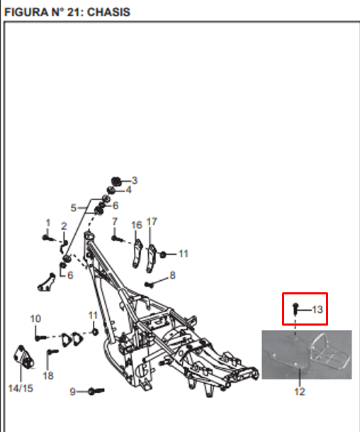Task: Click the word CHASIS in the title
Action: tap(108, 12)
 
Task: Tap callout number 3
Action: tap(135, 180)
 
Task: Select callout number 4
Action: tap(128, 190)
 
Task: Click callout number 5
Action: tap(73, 208)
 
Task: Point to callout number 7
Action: tap(115, 221)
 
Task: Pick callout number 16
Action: tap(137, 225)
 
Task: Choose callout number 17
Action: tap(152, 221)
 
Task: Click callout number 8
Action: tap(173, 275)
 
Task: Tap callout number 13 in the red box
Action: tap(317, 310)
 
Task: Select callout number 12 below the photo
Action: tap(300, 392)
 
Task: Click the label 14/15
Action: tap(21, 389)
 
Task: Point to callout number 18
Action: tap(48, 375)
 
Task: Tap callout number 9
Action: tap(73, 392)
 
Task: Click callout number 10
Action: tap(35, 319)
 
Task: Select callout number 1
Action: tap(48, 223)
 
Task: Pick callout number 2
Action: tap(64, 226)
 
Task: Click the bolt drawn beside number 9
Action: tap(96, 391)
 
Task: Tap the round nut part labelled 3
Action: tap(116, 182)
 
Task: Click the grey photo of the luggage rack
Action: tap(307, 355)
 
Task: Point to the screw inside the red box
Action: tap(296, 309)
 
